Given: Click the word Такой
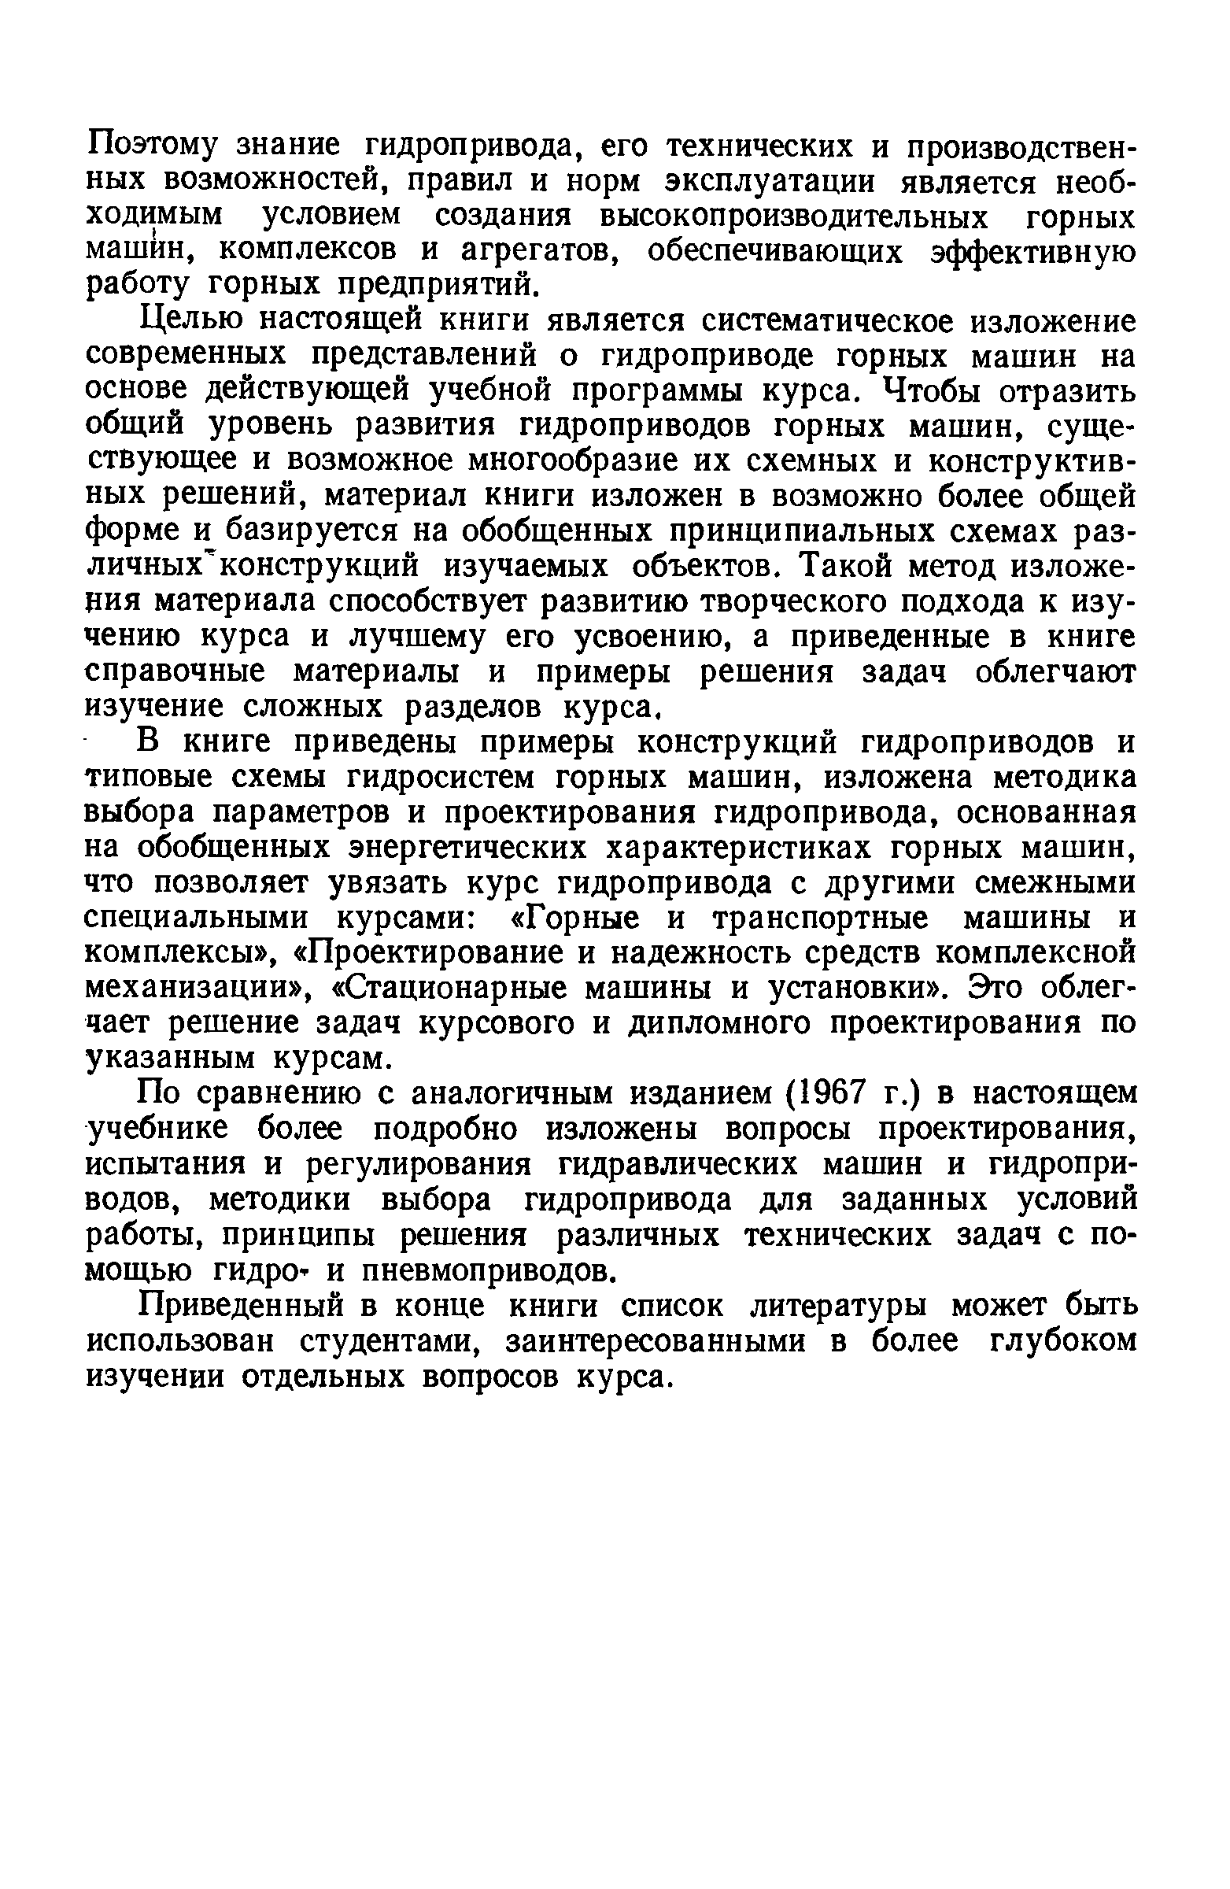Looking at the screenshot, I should pyautogui.click(x=841, y=567).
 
